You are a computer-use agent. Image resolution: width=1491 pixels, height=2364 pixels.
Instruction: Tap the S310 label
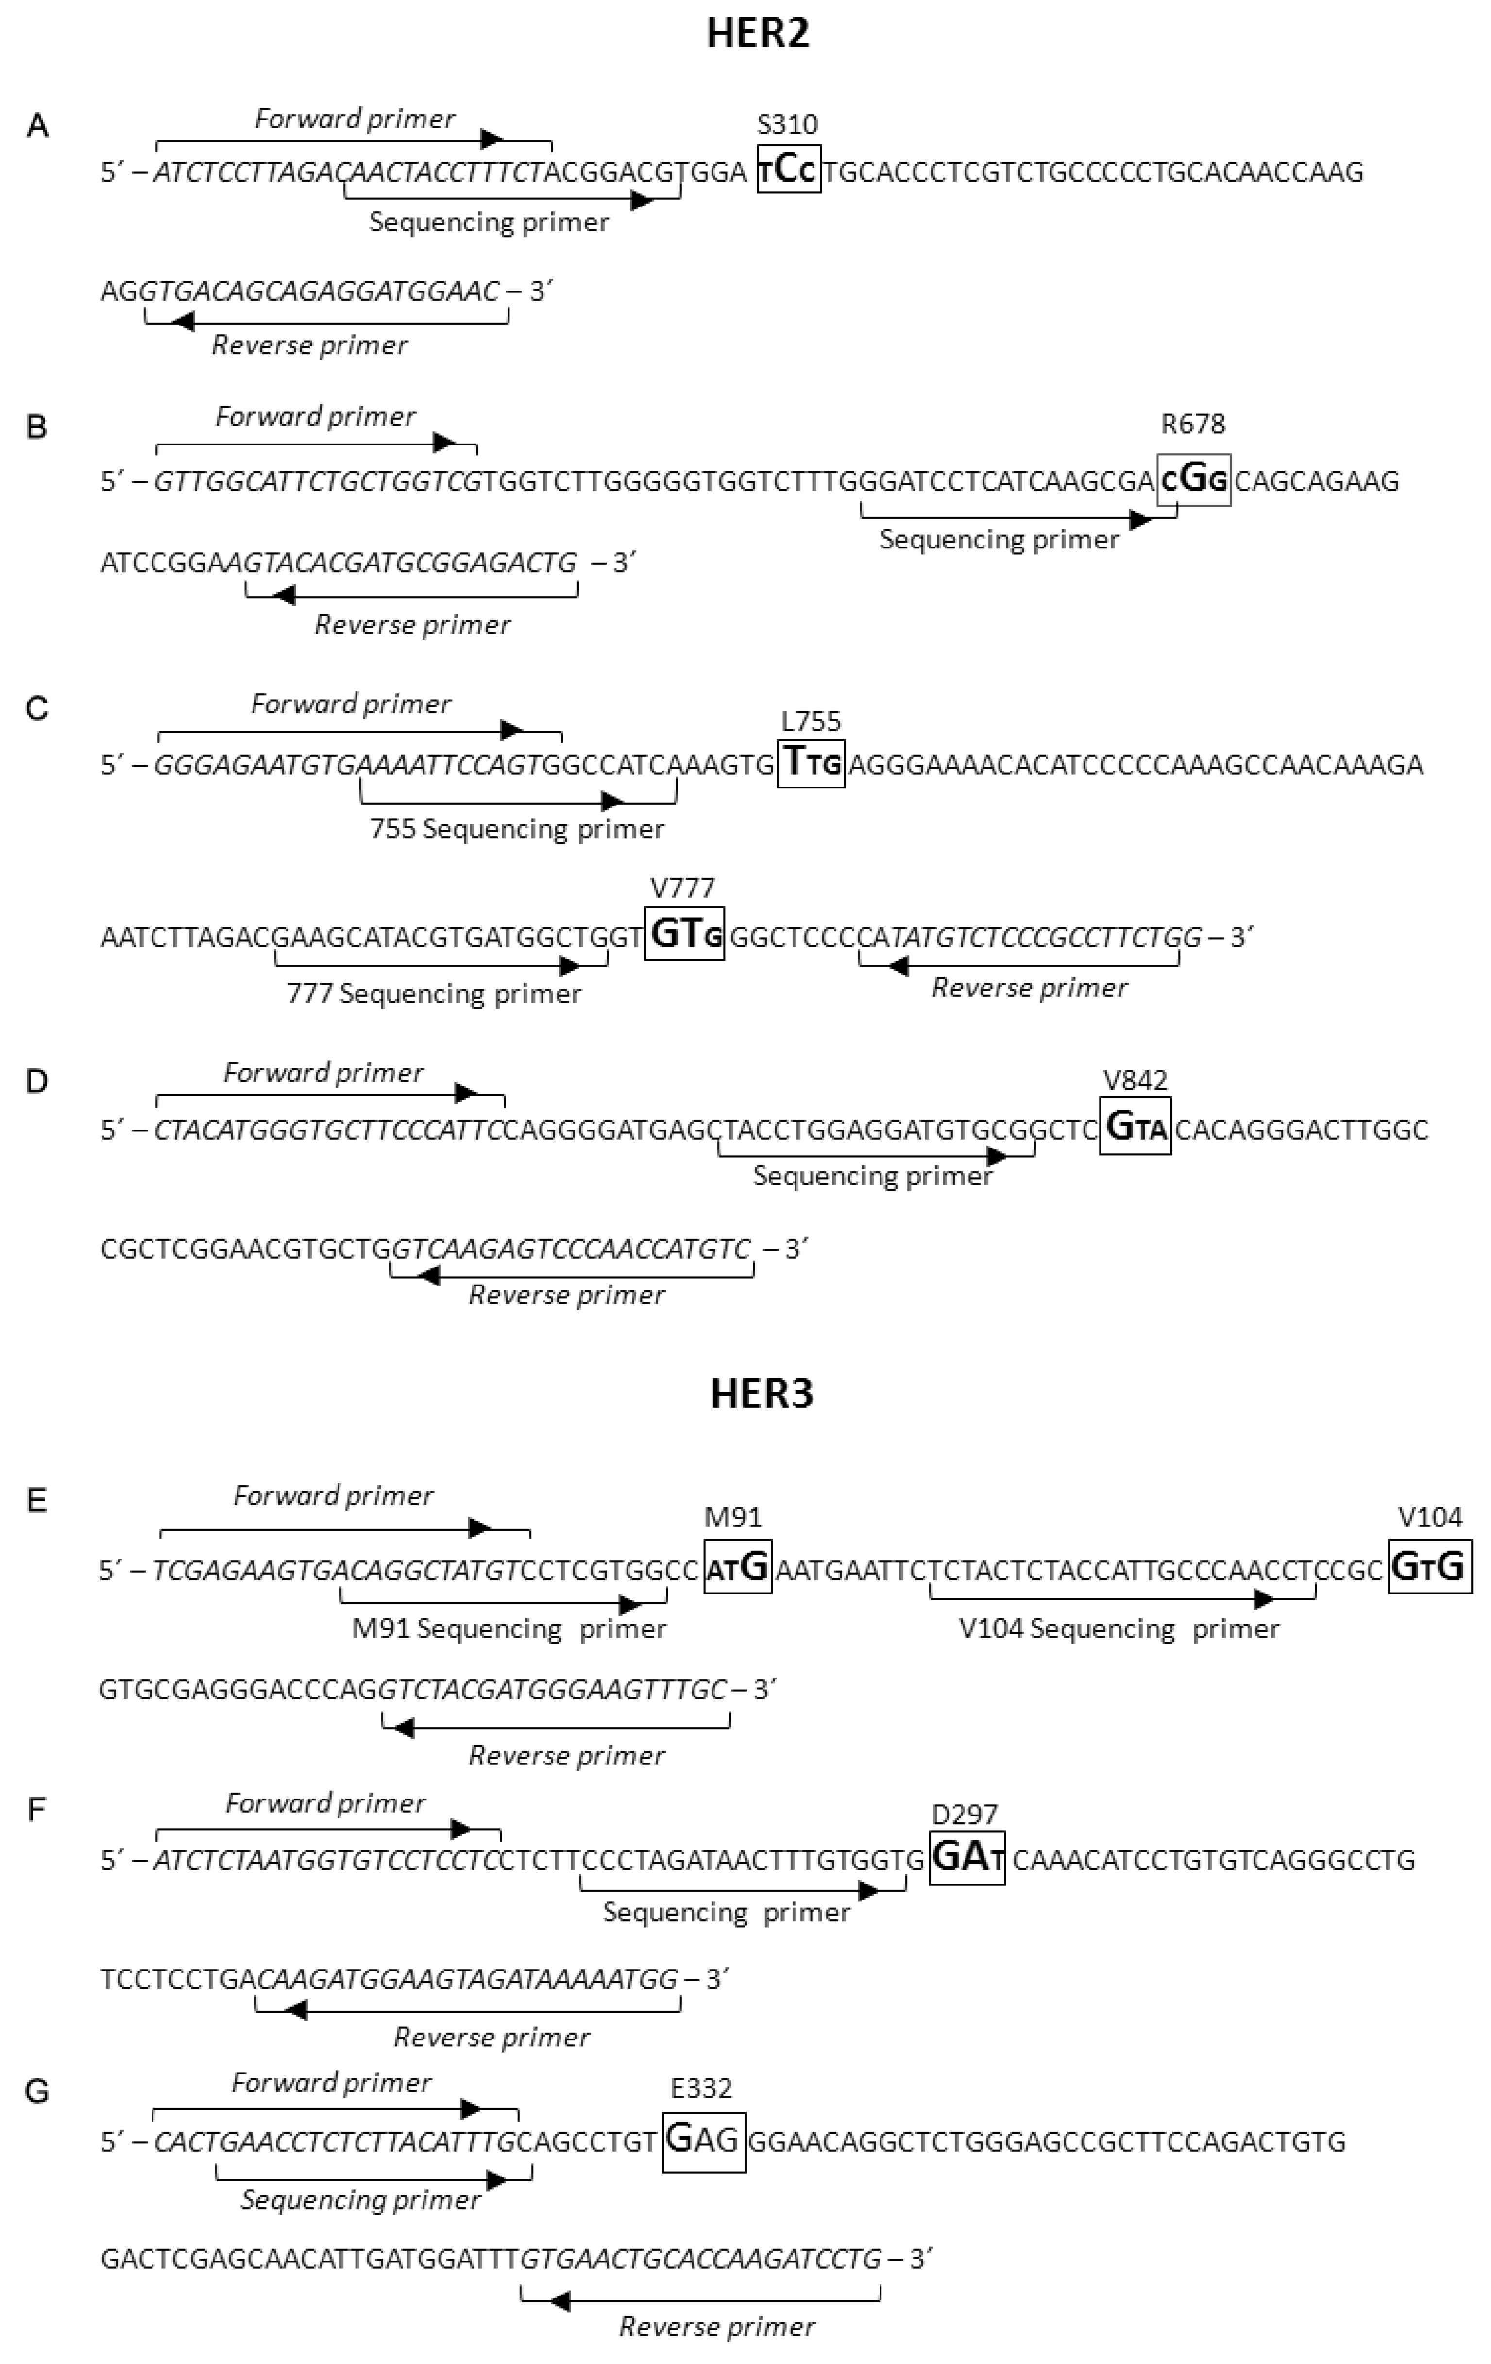(x=787, y=125)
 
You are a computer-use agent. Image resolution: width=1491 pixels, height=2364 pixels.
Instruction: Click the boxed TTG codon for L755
(x=811, y=764)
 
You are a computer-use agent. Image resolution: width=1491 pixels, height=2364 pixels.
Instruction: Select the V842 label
(x=1135, y=1081)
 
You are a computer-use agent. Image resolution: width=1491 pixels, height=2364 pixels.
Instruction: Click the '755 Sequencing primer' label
(x=517, y=830)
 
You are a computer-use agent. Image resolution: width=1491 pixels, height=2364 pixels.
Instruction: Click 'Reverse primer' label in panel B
(x=412, y=625)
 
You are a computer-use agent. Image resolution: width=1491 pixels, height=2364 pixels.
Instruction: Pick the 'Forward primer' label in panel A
(x=356, y=120)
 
